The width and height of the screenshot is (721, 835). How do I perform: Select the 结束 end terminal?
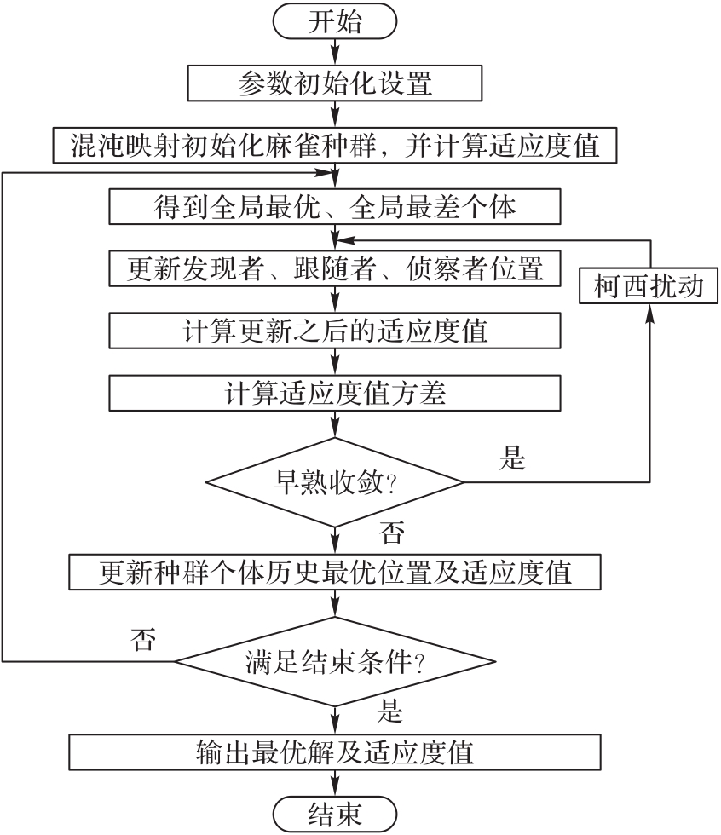click(x=335, y=814)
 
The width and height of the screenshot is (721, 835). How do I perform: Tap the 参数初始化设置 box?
click(x=335, y=83)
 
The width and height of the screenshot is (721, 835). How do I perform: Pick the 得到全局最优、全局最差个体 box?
click(x=335, y=205)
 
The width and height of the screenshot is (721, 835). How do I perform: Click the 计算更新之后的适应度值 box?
click(x=335, y=329)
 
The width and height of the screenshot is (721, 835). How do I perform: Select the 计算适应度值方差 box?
click(x=335, y=392)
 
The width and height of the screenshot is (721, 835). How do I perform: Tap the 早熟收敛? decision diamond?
click(x=335, y=482)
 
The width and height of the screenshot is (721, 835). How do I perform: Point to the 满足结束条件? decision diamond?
click(x=335, y=661)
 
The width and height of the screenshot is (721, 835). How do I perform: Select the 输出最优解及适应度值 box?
click(x=335, y=753)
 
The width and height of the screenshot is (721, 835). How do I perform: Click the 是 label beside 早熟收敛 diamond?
click(x=512, y=460)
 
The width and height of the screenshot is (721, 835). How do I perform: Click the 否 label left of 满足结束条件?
click(x=143, y=638)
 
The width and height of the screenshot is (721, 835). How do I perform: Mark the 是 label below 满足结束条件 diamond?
click(x=390, y=710)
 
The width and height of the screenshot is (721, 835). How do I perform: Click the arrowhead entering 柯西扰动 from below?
click(x=649, y=311)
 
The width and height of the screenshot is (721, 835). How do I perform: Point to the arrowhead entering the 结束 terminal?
click(x=335, y=788)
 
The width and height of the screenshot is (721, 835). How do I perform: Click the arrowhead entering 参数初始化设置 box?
click(x=335, y=61)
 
